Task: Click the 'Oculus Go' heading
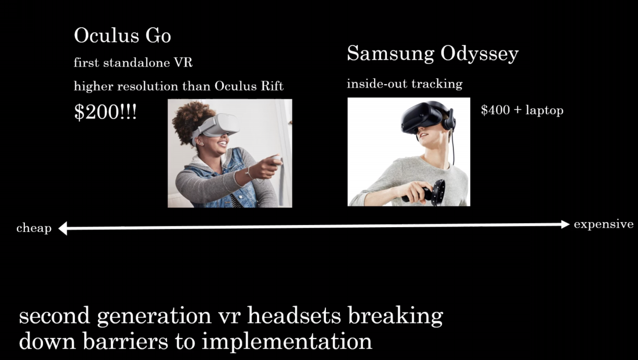(x=122, y=35)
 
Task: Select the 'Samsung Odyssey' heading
(x=433, y=54)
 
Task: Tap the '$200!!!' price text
(x=106, y=111)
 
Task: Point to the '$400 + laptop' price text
(x=522, y=110)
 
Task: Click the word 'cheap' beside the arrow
(x=34, y=228)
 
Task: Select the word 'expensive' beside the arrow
(x=603, y=224)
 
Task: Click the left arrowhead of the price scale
(x=63, y=228)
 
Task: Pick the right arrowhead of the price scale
(x=565, y=224)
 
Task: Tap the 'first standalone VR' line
(x=133, y=63)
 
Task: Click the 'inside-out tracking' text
(x=404, y=84)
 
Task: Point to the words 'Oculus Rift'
(x=249, y=86)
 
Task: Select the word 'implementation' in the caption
(x=287, y=341)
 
